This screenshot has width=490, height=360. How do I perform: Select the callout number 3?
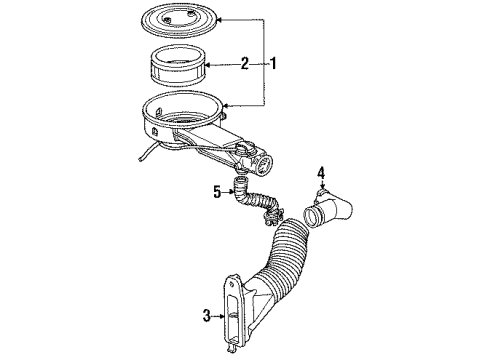pyautogui.click(x=206, y=318)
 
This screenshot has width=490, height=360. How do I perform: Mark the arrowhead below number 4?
pyautogui.click(x=322, y=188)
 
